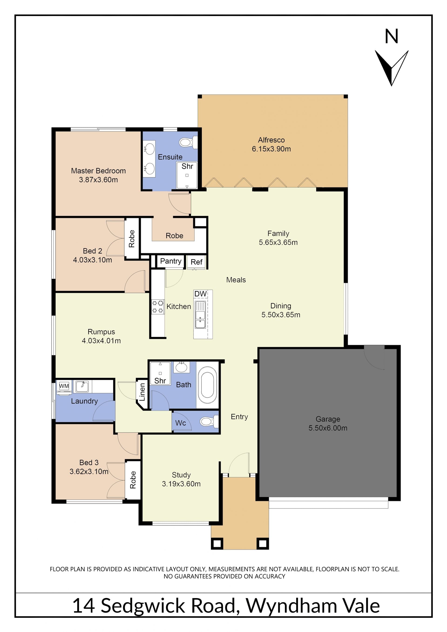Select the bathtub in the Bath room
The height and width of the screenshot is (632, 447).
208,385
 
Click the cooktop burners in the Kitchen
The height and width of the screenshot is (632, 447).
158,307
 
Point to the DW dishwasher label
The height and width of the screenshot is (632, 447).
200,294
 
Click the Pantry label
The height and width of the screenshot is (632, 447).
171,261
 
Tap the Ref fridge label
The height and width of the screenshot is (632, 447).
196,262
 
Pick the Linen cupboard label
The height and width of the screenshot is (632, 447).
142,392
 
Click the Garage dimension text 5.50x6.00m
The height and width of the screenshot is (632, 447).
328,428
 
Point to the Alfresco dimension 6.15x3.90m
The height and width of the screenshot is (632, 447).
271,149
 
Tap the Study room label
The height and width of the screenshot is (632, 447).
181,475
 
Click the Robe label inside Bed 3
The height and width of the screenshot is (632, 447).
133,480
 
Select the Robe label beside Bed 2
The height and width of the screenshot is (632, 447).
132,239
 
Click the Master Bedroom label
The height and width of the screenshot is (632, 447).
98,171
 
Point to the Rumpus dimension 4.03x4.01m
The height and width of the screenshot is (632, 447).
101,341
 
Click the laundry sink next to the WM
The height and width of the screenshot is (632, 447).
82,386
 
